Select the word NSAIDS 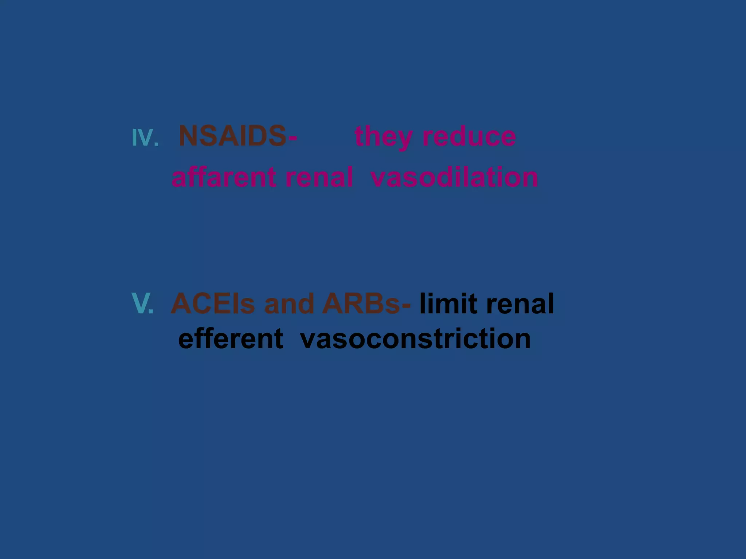click(232, 136)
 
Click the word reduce click(469, 137)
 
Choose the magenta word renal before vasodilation click(319, 177)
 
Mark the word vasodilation click(454, 177)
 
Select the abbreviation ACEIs click(213, 304)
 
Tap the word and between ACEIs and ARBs click(289, 304)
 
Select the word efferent click(231, 339)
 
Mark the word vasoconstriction click(416, 339)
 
